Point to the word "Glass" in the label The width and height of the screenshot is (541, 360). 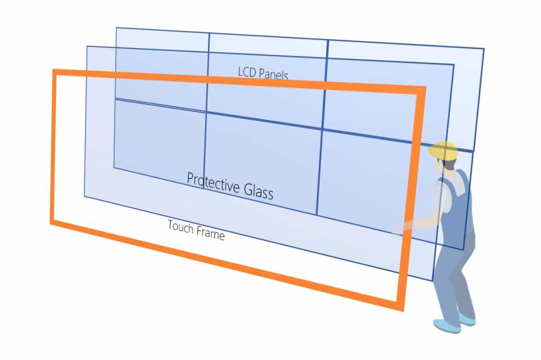(259, 191)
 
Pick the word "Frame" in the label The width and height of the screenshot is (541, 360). (210, 234)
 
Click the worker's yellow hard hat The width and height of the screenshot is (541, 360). (443, 150)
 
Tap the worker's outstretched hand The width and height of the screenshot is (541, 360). (398, 230)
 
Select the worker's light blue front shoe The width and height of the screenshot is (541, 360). (447, 326)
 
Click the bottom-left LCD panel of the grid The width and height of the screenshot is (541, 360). (160, 144)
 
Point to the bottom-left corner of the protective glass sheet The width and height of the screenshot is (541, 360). (85, 197)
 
